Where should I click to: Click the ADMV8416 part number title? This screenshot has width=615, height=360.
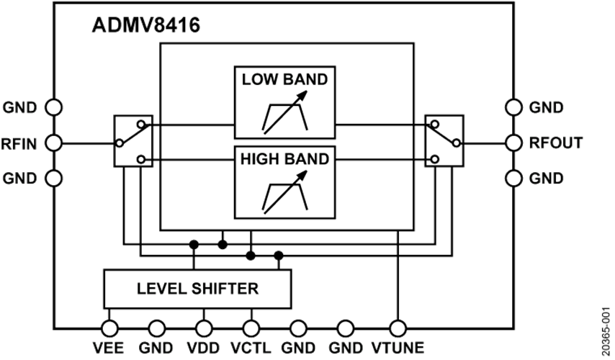146,26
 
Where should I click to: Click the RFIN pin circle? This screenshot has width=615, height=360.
53,143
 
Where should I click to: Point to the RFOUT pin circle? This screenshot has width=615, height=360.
513,143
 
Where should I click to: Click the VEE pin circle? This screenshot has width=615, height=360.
109,328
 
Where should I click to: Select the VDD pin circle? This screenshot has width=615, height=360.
204,328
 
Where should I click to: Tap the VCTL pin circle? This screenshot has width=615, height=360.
251,328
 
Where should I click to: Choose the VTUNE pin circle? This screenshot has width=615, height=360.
398,328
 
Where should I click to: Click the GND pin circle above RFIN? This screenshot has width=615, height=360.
53,107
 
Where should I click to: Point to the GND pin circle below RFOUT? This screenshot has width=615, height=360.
513,179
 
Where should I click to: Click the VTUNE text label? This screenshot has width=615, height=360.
398,348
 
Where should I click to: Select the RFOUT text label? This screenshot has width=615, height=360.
556,143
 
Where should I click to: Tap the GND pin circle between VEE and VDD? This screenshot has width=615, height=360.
156,328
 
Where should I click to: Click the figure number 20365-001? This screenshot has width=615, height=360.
606,326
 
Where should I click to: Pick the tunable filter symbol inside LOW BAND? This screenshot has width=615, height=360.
284,112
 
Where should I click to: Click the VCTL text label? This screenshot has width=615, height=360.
251,348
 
